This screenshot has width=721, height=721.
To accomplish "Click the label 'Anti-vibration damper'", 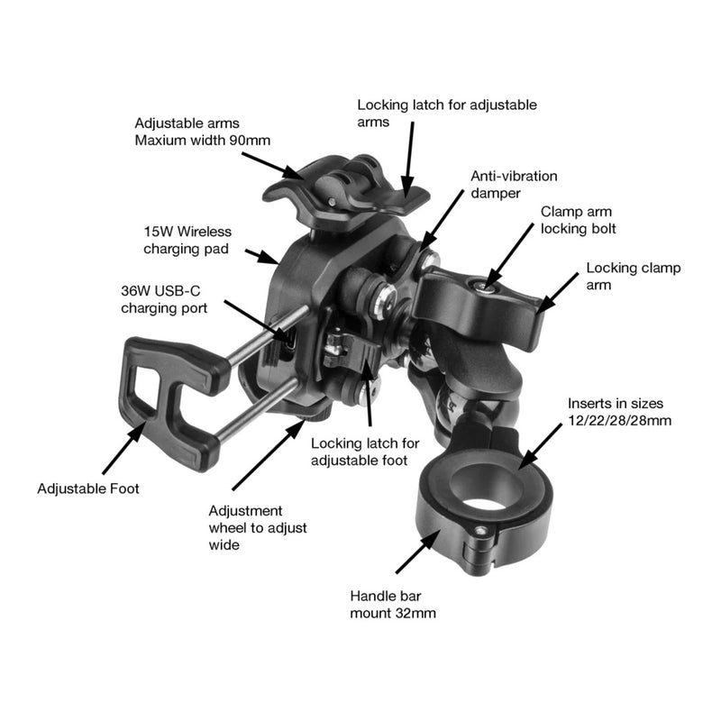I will [x=514, y=185].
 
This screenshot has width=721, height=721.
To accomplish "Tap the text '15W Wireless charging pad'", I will [x=183, y=239].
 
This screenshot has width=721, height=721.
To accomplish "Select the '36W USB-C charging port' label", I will [x=164, y=299].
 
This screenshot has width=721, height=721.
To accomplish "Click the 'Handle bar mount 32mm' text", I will [x=394, y=604].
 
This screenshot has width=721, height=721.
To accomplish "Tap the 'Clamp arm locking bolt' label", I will [x=578, y=219].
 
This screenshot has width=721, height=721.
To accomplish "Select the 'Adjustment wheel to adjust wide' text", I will [x=245, y=527].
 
